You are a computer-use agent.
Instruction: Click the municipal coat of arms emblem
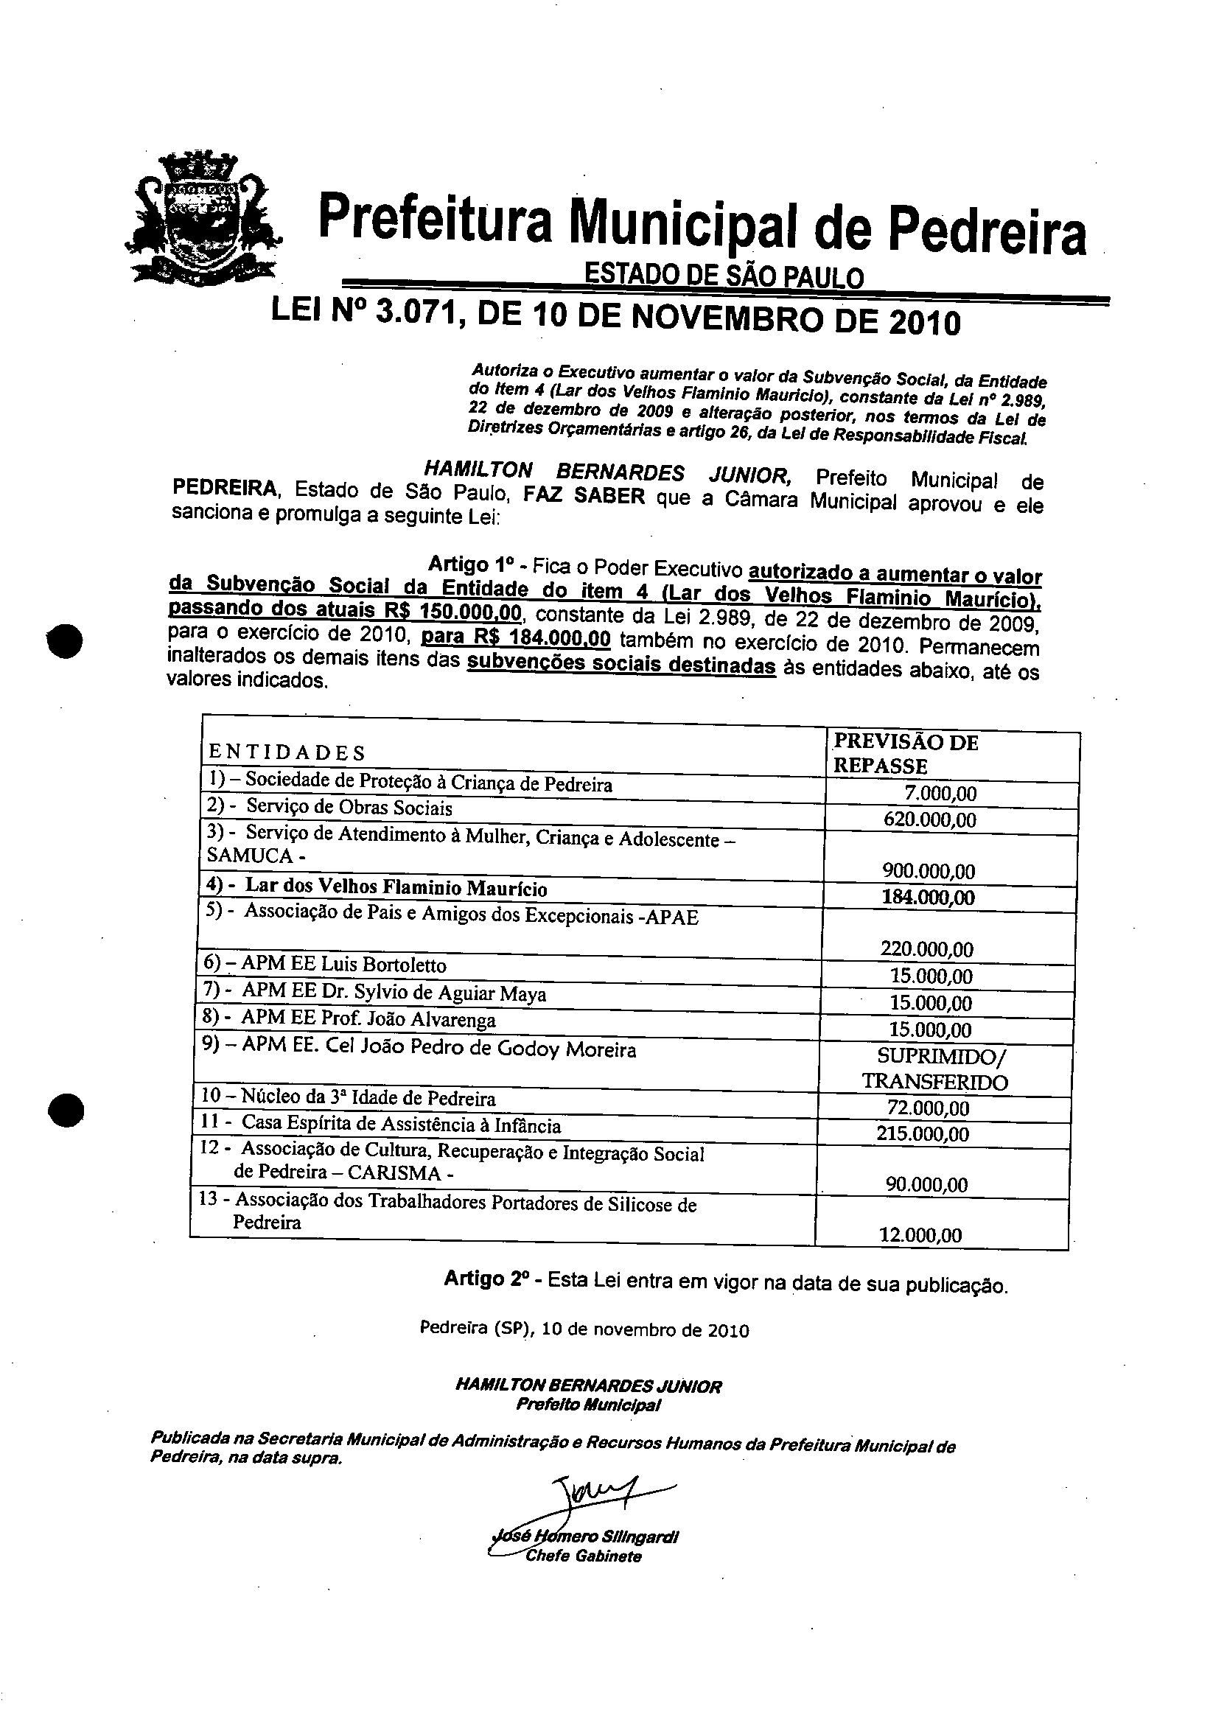[x=203, y=218]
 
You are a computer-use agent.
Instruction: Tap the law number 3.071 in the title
[x=414, y=318]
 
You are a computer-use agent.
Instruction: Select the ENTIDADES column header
[x=287, y=752]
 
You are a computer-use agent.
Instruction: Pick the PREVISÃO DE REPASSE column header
[x=905, y=754]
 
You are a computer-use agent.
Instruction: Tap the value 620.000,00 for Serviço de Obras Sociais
[x=930, y=819]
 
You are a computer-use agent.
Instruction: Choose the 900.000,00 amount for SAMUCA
[x=929, y=871]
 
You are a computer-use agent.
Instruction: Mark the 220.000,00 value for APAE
[x=927, y=950]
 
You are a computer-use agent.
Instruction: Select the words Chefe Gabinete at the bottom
[x=583, y=1556]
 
